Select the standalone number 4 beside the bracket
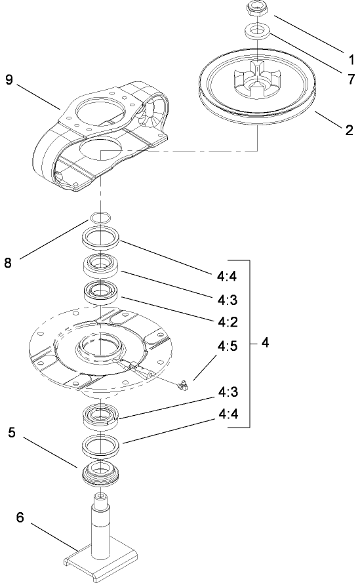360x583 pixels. [264, 343]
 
